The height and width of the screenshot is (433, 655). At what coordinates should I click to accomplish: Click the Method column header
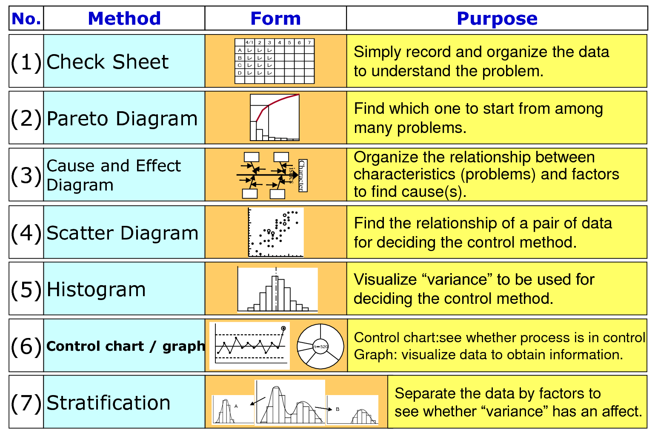[124, 18]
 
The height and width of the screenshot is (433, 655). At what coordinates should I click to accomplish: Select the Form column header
[275, 18]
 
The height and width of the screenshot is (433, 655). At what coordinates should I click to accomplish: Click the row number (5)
[26, 289]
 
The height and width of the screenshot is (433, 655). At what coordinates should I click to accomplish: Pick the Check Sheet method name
[107, 62]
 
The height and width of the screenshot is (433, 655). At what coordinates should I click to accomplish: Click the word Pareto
[77, 118]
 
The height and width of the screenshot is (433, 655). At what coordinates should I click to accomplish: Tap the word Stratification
[108, 403]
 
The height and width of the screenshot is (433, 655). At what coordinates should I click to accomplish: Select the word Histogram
[96, 289]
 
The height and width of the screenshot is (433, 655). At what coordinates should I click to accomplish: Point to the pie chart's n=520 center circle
[320, 346]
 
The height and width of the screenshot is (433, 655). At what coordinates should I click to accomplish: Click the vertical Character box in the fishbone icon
[303, 175]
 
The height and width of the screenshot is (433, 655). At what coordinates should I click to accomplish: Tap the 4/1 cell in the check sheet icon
[249, 43]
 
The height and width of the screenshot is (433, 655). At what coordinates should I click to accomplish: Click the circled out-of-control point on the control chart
[283, 329]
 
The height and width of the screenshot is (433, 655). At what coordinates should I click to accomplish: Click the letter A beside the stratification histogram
[236, 406]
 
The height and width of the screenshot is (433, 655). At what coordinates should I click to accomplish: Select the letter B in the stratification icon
[338, 409]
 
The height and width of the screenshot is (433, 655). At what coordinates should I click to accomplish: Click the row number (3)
[26, 175]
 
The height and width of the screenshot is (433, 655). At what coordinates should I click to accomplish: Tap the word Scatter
[80, 233]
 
